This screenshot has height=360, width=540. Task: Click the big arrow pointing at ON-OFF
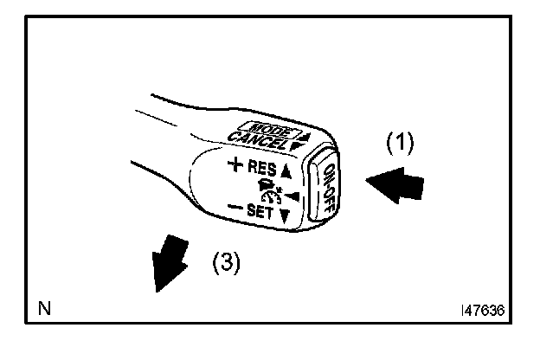click(395, 183)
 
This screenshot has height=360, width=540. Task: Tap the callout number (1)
click(399, 142)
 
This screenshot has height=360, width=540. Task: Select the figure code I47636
click(483, 308)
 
